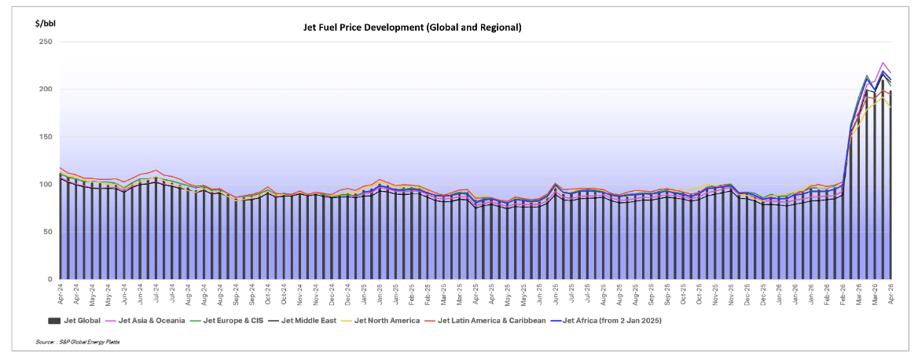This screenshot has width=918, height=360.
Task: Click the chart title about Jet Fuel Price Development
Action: [x=412, y=28]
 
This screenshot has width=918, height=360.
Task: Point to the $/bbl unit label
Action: [x=45, y=24]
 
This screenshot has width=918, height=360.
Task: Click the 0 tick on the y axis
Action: [x=49, y=280]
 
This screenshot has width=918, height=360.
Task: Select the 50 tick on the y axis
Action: [x=46, y=232]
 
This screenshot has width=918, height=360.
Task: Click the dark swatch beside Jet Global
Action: [x=54, y=320]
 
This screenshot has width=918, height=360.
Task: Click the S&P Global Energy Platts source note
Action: [x=72, y=343]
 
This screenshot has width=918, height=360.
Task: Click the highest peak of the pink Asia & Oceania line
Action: [x=883, y=62]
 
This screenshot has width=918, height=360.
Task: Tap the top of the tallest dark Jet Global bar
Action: [x=883, y=79]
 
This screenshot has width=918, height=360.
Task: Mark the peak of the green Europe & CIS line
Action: [x=867, y=75]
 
